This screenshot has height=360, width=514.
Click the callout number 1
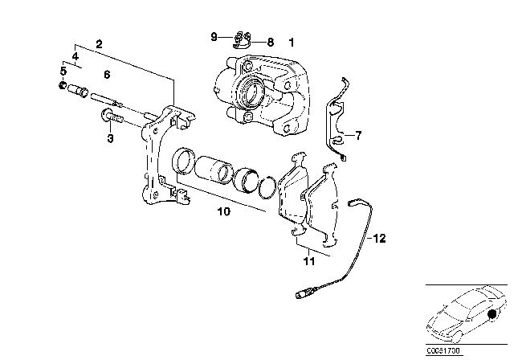pos(292,40)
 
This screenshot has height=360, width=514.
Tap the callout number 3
pos(111,138)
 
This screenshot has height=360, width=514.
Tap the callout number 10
pos(223,214)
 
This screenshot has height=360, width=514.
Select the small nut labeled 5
pos(63,86)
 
